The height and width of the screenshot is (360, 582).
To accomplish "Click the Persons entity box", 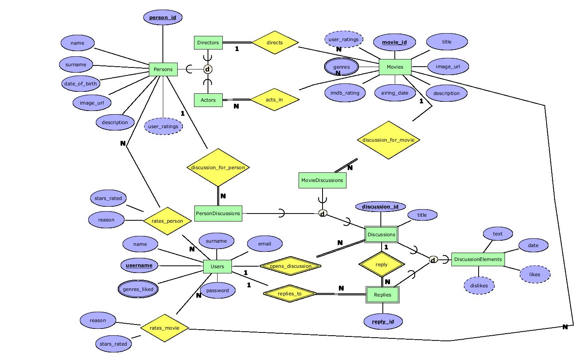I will tap(163, 69).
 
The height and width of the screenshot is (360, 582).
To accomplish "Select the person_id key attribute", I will tap(162, 18).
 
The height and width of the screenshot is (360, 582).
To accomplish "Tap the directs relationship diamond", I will tap(275, 43).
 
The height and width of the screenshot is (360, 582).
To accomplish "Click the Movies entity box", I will tap(395, 67).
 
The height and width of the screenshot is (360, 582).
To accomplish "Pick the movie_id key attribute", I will tap(394, 42).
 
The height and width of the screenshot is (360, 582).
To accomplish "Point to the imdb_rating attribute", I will tap(345, 93).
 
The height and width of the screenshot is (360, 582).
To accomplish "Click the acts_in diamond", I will tap(274, 99).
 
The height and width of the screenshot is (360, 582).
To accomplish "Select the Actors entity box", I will tap(208, 100).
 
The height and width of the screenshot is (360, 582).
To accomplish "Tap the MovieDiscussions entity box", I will tap(322, 180).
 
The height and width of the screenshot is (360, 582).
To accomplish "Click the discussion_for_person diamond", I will tap(218, 168).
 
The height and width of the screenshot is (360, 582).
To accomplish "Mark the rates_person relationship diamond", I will tap(167, 221).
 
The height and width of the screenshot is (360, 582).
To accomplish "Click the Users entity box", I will tap(217, 267).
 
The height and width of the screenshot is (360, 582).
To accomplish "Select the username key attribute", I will tap(139, 265).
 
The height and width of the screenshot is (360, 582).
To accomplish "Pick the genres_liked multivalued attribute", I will tap(138, 289).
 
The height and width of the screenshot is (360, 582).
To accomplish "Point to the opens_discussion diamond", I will tap(290, 266).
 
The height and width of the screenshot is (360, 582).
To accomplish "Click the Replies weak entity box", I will tap(382, 295).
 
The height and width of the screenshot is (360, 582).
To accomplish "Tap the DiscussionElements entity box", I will tap(478, 259).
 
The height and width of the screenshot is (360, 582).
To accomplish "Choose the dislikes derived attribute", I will tap(479, 286).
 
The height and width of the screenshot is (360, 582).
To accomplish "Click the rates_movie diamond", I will tap(164, 328).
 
